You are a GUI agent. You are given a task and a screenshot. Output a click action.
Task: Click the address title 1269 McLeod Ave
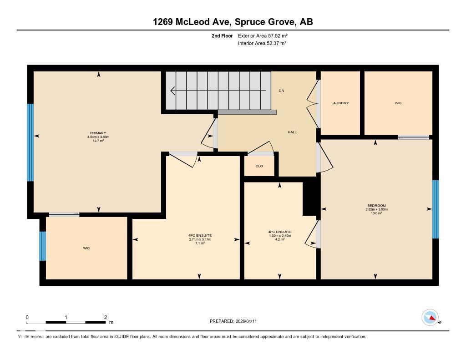pyautogui.click(x=233, y=22)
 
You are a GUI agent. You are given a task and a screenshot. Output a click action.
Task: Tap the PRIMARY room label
pyautogui.click(x=98, y=133)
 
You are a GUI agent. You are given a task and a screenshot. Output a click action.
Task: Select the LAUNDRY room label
pyautogui.click(x=340, y=103)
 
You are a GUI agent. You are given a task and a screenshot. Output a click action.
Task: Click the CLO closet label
pyautogui.click(x=259, y=166)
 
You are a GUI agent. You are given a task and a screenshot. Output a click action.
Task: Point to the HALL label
pyautogui.click(x=292, y=132)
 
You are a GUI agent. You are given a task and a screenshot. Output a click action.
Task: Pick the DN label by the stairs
pyautogui.click(x=281, y=91)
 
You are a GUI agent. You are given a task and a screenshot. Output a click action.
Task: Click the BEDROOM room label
pyautogui.click(x=376, y=206)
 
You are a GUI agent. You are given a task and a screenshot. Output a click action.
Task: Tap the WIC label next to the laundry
pyautogui.click(x=398, y=103)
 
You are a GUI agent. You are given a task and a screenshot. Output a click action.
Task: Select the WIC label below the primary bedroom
pyautogui.click(x=86, y=248)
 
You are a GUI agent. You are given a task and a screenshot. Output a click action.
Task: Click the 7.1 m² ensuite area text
pyautogui.click(x=200, y=243)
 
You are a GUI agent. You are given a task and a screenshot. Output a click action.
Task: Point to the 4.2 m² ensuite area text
pyautogui.click(x=280, y=239)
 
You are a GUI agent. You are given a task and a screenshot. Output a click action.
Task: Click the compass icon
pyautogui.click(x=430, y=317)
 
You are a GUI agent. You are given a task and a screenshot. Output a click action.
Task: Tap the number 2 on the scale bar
pyautogui.click(x=105, y=317)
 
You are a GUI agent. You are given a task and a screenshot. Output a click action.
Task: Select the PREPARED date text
pyautogui.click(x=236, y=321)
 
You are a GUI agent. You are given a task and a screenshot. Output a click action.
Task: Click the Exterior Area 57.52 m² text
pyautogui.click(x=263, y=35)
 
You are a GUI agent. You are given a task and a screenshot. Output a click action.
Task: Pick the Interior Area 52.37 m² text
pyautogui.click(x=262, y=43)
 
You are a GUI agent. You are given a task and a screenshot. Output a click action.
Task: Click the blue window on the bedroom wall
pyautogui.click(x=435, y=209)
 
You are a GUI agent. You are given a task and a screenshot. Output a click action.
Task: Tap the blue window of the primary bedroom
pyautogui.click(x=30, y=142)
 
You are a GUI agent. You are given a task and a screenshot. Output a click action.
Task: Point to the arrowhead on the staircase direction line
pyautogui.click(x=172, y=91)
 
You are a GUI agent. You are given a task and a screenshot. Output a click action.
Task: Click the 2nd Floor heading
pyautogui.click(x=222, y=35)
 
